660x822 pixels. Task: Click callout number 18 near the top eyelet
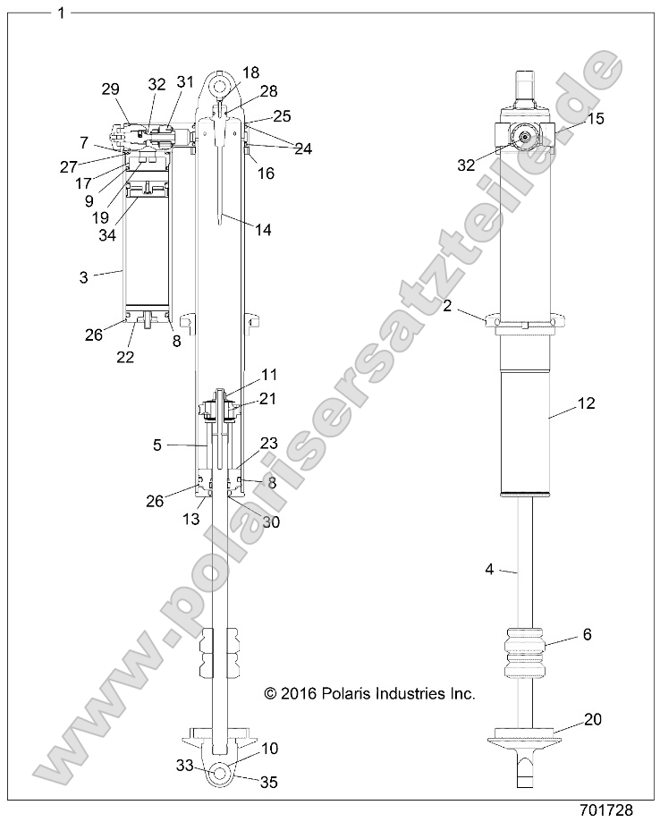251,72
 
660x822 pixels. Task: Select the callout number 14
262,230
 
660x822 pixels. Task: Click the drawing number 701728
607,811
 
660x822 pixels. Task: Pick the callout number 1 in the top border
60,13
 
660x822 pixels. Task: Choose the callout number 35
268,782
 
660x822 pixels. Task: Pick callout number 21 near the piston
267,398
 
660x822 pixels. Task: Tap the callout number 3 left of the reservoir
83,277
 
